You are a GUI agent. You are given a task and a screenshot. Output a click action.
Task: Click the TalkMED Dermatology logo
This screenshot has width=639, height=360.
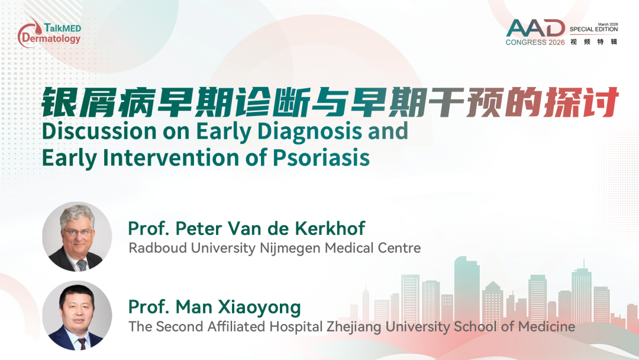pyautogui.click(x=49, y=33)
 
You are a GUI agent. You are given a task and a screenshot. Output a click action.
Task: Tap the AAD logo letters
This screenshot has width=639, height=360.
pyautogui.click(x=535, y=28)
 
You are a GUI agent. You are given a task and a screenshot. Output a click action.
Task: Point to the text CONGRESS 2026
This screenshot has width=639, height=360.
pyautogui.click(x=535, y=43)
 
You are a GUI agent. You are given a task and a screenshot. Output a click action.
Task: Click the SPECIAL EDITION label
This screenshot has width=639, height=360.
pyautogui.click(x=594, y=30)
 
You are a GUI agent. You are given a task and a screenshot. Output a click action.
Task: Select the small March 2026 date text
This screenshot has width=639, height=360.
pyautogui.click(x=608, y=24)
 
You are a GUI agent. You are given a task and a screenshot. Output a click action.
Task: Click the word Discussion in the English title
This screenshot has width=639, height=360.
pyautogui.click(x=99, y=131)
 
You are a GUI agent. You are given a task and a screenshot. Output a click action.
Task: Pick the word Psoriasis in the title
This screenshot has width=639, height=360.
pyautogui.click(x=321, y=157)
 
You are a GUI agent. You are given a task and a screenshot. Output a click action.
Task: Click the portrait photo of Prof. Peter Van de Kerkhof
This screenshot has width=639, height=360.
pyautogui.click(x=77, y=237)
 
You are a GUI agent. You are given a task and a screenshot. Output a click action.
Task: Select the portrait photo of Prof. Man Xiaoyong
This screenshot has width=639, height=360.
pyautogui.click(x=77, y=315)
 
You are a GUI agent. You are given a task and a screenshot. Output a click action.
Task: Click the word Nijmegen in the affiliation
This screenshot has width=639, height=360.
pyautogui.click(x=290, y=249)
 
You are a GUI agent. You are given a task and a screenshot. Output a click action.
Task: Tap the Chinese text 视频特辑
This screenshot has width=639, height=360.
pyautogui.click(x=594, y=41)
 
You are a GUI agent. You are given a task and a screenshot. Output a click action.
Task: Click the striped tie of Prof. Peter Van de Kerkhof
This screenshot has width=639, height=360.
pyautogui.click(x=82, y=265)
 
